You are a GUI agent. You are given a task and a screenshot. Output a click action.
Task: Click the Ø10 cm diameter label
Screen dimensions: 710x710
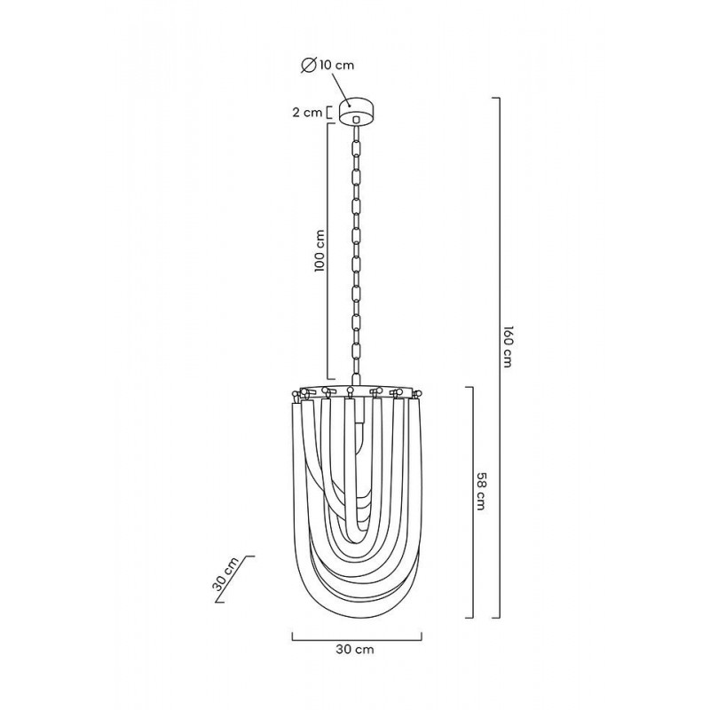pos(327,65)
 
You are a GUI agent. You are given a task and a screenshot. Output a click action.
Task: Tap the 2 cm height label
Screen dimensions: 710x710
pos(307,113)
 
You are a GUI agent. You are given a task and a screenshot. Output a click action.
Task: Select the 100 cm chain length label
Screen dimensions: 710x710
pos(320,250)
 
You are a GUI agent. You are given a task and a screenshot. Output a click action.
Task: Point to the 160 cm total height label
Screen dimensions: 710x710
pos(507,346)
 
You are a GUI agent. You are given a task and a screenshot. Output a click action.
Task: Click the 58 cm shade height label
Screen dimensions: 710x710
pos(481,492)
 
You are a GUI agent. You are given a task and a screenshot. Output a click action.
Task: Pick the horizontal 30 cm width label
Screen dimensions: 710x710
pos(355,650)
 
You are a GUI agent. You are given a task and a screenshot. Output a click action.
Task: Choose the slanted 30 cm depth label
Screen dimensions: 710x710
pos(225,574)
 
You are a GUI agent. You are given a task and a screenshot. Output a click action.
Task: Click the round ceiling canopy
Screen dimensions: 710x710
pos(356,112)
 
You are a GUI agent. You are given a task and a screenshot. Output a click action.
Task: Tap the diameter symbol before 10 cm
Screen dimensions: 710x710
pos(309,65)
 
